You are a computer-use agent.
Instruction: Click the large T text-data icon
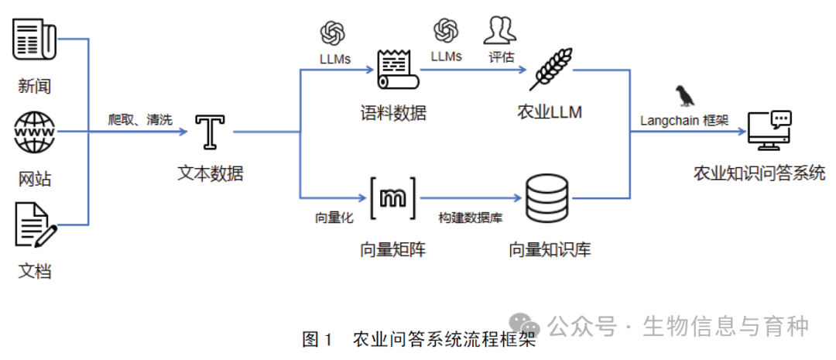point(210,132)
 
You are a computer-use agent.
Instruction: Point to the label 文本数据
point(210,173)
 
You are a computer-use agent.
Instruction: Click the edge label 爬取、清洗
point(140,119)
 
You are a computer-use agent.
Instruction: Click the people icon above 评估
point(500,30)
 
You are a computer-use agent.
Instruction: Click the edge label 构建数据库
point(471,218)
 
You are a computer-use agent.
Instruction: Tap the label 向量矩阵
point(392,249)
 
